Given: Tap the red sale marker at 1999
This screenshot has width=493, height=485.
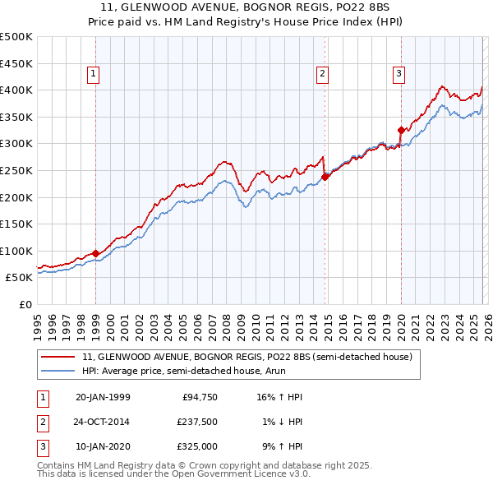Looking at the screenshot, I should (x=96, y=253).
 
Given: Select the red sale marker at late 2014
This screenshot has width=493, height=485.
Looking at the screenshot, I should (x=325, y=176).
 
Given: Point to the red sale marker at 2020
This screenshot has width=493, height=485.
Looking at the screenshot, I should (x=401, y=129).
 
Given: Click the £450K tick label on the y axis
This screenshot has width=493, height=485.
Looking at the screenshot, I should (x=16, y=63).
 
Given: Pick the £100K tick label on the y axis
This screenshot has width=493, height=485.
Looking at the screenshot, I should (x=16, y=251).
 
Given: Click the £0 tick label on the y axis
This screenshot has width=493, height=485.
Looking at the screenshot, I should (x=25, y=304).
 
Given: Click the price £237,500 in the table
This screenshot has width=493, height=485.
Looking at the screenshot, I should (x=196, y=422).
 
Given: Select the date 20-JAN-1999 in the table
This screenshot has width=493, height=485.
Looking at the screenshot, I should (x=103, y=397).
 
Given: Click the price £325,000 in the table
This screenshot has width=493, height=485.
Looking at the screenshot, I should (x=196, y=446).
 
